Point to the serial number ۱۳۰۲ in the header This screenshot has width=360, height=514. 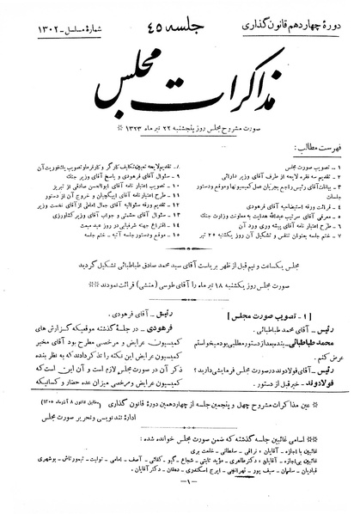(x=35, y=18)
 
